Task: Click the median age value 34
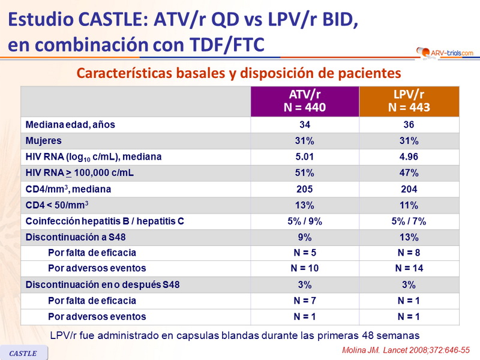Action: (x=305, y=125)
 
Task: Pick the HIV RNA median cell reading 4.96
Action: (x=409, y=157)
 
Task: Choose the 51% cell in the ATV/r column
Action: (x=305, y=173)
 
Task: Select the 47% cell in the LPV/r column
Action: (x=409, y=173)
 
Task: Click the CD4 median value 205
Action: (x=305, y=189)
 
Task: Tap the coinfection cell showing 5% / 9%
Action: (x=305, y=221)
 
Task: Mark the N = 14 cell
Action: (x=409, y=268)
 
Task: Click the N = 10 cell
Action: (x=305, y=268)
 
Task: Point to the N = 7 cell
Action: (x=305, y=300)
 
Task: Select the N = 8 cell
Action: (x=409, y=252)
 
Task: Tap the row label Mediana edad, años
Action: (x=70, y=125)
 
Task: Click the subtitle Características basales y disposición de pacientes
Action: (x=238, y=73)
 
